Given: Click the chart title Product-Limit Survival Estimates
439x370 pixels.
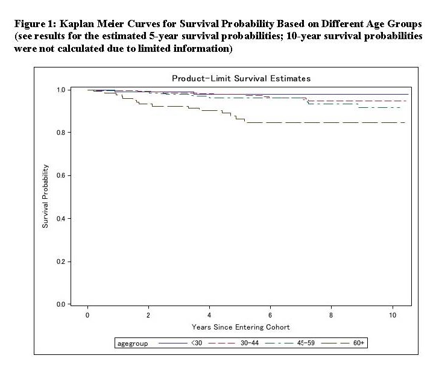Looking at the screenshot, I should pyautogui.click(x=241, y=79).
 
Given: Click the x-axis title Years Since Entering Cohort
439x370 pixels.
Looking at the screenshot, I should pyautogui.click(x=241, y=327).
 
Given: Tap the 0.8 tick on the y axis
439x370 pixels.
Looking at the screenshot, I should pyautogui.click(x=61, y=133).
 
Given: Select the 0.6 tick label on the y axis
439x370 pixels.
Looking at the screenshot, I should pyautogui.click(x=61, y=175).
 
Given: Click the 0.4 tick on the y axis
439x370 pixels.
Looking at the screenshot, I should pyautogui.click(x=61, y=219).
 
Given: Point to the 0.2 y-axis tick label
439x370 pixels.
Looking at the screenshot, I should pyautogui.click(x=61, y=262).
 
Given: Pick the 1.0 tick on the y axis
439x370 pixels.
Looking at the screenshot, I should pyautogui.click(x=61, y=90).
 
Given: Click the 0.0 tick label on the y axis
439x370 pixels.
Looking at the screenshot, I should pyautogui.click(x=61, y=304).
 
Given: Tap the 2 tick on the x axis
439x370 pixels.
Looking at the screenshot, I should pyautogui.click(x=148, y=315).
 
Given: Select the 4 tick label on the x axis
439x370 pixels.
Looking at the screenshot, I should pyautogui.click(x=209, y=315).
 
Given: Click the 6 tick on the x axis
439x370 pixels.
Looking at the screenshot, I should pyautogui.click(x=270, y=315).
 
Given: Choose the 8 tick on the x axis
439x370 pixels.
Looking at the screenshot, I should pyautogui.click(x=331, y=315).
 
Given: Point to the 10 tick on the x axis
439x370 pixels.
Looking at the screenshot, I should pyautogui.click(x=392, y=315).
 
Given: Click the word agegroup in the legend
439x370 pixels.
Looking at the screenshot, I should pyautogui.click(x=131, y=343).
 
